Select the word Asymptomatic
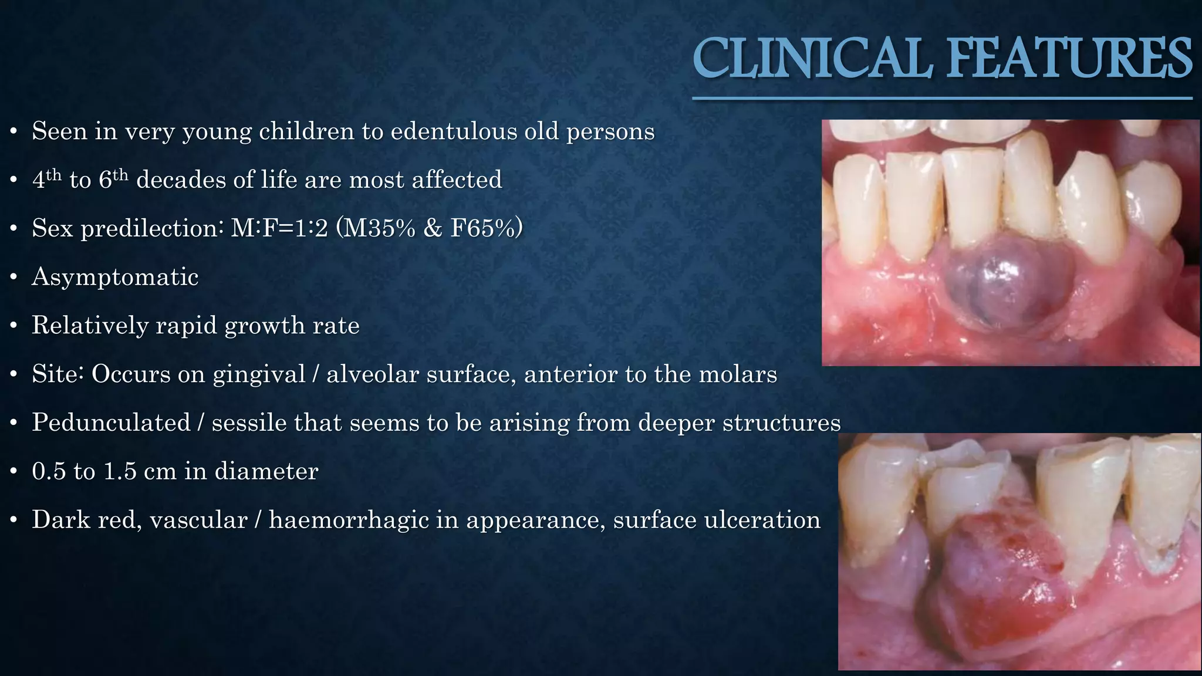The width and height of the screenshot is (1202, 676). (115, 276)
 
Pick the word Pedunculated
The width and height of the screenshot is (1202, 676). (111, 422)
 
